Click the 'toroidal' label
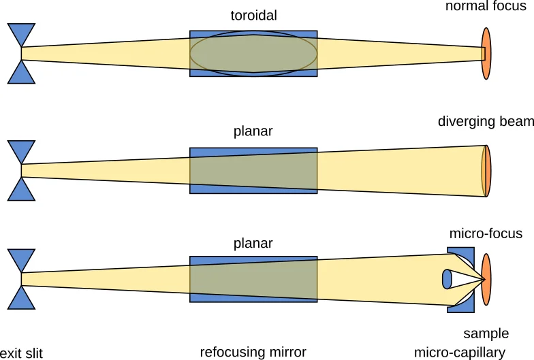253,16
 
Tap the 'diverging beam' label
485,122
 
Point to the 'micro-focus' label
486,233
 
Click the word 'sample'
486,333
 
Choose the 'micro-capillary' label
460,353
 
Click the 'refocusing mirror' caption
253,352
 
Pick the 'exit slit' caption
21,353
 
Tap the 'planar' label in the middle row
253,132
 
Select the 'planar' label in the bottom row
253,243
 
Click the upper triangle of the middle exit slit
21,150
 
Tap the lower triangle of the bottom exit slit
21,299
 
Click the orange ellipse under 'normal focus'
486,53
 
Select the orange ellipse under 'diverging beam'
488,171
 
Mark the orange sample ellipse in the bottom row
487,279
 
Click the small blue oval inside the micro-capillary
447,279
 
